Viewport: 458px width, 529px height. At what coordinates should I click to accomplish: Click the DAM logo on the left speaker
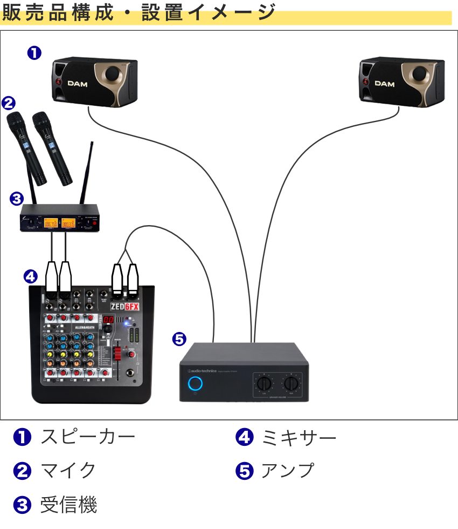tap(78, 83)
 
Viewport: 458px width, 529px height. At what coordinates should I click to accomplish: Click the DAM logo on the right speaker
tap(385, 83)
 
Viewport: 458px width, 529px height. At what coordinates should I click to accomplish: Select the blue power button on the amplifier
tap(195, 384)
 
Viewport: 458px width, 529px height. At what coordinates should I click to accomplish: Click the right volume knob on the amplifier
tap(292, 384)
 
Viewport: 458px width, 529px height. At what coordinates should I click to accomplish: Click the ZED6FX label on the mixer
tap(124, 307)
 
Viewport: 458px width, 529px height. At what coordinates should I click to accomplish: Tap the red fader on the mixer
tap(116, 354)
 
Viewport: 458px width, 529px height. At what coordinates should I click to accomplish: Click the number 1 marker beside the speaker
tap(34, 53)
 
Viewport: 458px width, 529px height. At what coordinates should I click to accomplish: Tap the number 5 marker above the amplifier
tap(179, 339)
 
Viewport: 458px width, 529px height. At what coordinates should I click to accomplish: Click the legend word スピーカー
tap(87, 437)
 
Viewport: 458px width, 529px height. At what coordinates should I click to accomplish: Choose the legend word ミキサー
tap(299, 437)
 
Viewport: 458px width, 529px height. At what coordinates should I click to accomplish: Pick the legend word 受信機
tap(68, 505)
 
